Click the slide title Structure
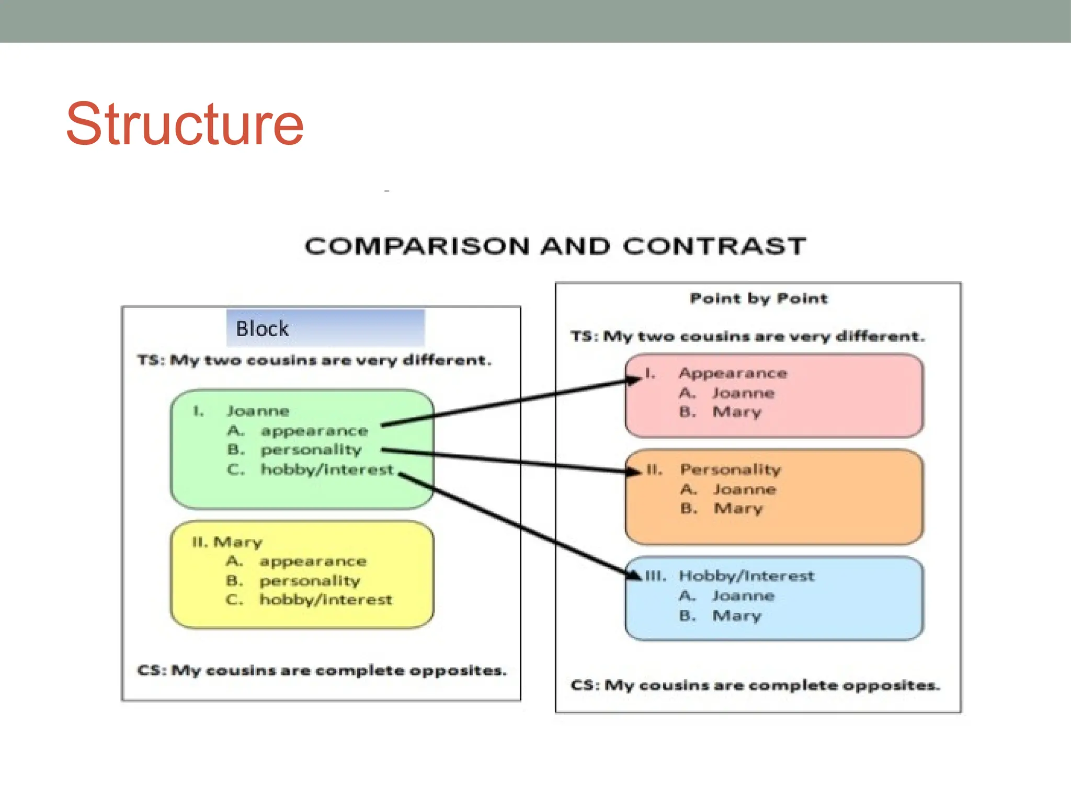[x=185, y=124]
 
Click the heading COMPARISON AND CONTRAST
[x=555, y=246]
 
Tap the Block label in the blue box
[x=262, y=329]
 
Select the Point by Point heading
[x=758, y=299]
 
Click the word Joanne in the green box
[x=258, y=411]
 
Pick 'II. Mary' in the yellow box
[x=227, y=542]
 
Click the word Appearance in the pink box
[x=733, y=373]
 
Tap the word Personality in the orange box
[x=731, y=469]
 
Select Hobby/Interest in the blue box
[x=746, y=576]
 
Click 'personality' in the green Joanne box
[x=311, y=450]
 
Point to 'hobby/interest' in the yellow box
[x=326, y=600]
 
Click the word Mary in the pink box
[x=737, y=412]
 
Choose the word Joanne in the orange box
[x=745, y=489]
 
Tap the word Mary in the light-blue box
[x=737, y=616]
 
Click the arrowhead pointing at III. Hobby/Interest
[x=634, y=575]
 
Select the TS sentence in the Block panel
[x=314, y=361]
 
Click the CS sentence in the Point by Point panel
[x=755, y=685]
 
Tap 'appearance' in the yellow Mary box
[x=313, y=561]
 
